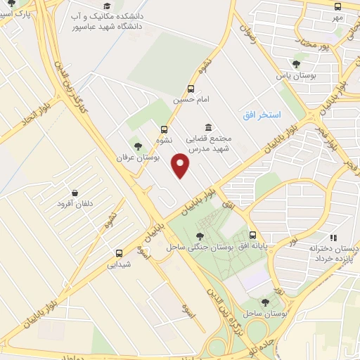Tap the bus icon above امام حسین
[191, 89]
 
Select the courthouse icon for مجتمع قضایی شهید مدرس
[208, 127]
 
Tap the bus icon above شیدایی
[118, 253]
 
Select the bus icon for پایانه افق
[253, 236]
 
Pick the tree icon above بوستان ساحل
[265, 302]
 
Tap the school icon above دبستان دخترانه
[333, 238]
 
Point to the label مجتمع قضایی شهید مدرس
[211, 144]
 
